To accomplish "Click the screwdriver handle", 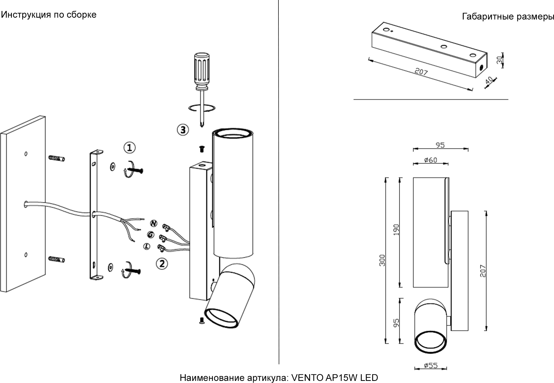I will [x=202, y=71].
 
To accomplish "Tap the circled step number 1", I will [x=130, y=148].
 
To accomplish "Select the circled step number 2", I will [x=162, y=263].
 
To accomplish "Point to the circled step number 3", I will [x=183, y=130].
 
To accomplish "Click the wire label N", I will [x=154, y=223].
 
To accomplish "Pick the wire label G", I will [x=150, y=234].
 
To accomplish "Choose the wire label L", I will [x=147, y=246].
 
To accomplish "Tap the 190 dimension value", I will [x=396, y=230].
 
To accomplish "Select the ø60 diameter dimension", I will [x=431, y=160].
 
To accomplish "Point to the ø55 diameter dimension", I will [x=431, y=366].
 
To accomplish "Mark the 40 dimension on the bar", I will [x=489, y=80].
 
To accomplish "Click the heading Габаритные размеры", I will [x=508, y=17].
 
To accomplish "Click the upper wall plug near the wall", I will [x=57, y=158].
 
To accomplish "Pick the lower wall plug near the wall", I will [x=57, y=259].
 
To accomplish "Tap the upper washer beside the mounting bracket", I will [x=112, y=166].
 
